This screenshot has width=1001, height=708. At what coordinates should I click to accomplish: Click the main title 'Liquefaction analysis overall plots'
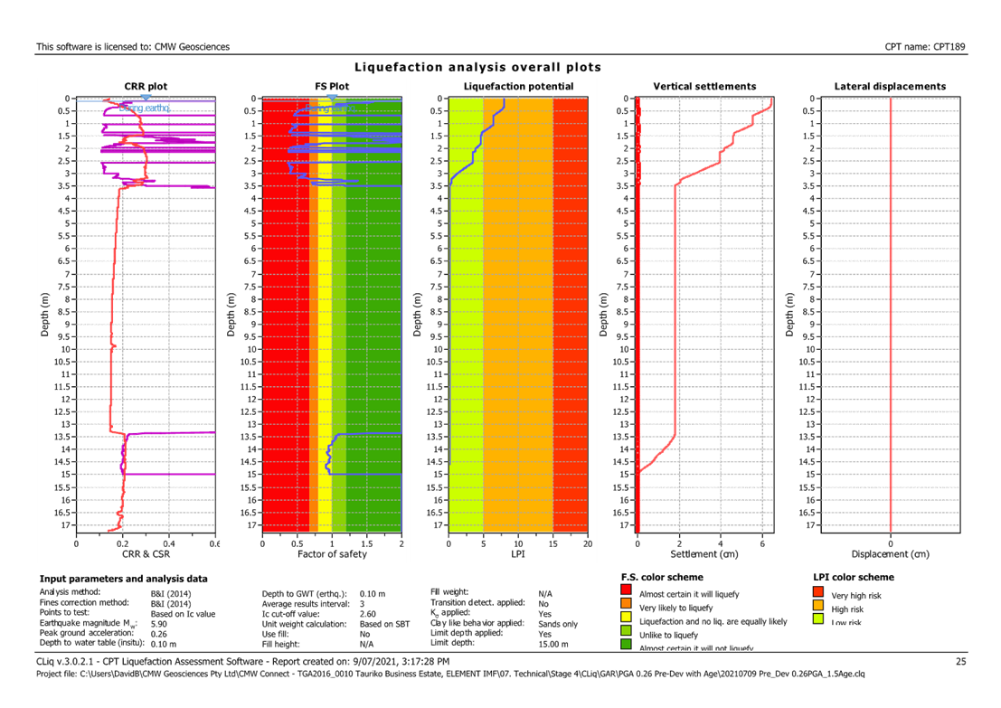pyautogui.click(x=477, y=68)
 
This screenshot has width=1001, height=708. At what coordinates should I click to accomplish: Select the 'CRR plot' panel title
pyautogui.click(x=146, y=87)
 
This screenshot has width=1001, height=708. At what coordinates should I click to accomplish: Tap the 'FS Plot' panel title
pyautogui.click(x=332, y=87)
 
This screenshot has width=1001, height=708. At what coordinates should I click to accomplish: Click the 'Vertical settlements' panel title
pyautogui.click(x=704, y=87)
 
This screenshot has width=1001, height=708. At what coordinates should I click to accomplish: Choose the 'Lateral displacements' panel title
pyautogui.click(x=891, y=87)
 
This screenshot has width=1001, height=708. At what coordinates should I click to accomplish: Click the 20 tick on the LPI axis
pyautogui.click(x=587, y=543)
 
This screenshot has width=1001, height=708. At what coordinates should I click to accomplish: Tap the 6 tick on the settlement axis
pyautogui.click(x=762, y=543)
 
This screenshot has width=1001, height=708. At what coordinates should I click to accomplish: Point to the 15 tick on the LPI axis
pyautogui.click(x=552, y=543)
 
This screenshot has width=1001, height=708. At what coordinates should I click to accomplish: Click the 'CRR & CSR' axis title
pyautogui.click(x=145, y=554)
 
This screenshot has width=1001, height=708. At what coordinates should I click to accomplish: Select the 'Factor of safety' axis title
pyautogui.click(x=331, y=554)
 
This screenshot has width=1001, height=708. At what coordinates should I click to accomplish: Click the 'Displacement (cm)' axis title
pyautogui.click(x=891, y=554)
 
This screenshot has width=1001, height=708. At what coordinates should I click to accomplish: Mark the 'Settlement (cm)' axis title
pyautogui.click(x=704, y=554)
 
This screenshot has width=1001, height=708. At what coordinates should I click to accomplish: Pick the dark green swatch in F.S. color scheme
pyautogui.click(x=627, y=645)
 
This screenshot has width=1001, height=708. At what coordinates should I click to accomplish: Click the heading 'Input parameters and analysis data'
pyautogui.click(x=123, y=579)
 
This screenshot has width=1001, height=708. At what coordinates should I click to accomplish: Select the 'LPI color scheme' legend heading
pyautogui.click(x=854, y=578)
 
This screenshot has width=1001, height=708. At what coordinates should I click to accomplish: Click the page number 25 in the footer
pyautogui.click(x=961, y=662)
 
